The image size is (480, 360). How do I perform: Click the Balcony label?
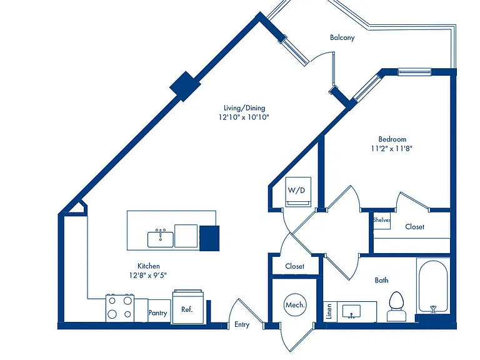tap(342, 37)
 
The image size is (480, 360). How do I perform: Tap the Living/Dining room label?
tap(244, 107)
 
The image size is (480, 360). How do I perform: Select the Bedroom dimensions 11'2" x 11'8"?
tap(392, 149)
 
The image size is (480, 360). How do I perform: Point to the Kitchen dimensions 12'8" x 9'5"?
tap(148, 275)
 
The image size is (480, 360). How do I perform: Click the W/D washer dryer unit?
tap(298, 192)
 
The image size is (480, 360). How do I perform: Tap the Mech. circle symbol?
tap(295, 304)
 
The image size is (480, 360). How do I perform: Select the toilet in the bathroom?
tap(396, 306)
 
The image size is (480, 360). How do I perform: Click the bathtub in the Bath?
tap(433, 286)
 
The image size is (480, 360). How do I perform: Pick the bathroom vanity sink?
tap(351, 312)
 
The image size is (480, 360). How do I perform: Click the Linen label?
tap(329, 311)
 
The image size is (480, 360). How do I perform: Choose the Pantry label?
tap(157, 313)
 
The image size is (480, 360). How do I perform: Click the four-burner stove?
tap(120, 308)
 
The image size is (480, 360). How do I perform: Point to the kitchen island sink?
tap(161, 239)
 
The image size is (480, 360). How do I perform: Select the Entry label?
tap(242, 324)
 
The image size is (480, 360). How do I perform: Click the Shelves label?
tap(382, 220)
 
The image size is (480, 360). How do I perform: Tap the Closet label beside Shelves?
tap(414, 227)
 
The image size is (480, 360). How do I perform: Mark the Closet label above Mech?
tap(294, 266)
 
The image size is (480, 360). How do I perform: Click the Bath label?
tap(381, 280)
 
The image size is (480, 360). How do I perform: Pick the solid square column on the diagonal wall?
tap(185, 86)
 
